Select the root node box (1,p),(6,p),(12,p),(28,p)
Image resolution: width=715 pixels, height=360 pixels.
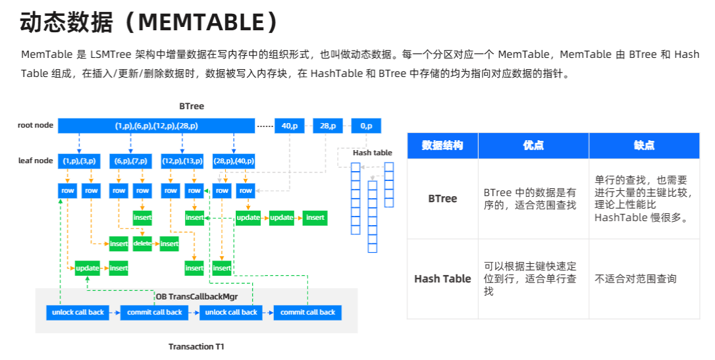pyautogui.click(x=156, y=126)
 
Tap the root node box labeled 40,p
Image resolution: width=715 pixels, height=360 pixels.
pyautogui.click(x=290, y=126)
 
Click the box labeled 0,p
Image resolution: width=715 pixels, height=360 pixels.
pyautogui.click(x=366, y=126)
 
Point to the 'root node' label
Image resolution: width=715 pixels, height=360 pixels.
pyautogui.click(x=35, y=125)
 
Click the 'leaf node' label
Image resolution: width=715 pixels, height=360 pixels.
pyautogui.click(x=36, y=161)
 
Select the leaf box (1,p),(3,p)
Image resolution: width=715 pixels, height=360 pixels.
pyautogui.click(x=79, y=161)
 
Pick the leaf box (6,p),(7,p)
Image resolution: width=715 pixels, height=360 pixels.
pyautogui.click(x=130, y=161)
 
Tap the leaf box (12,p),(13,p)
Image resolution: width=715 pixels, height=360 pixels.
pyautogui.click(x=182, y=161)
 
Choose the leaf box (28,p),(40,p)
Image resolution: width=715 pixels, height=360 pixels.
pyautogui.click(x=234, y=161)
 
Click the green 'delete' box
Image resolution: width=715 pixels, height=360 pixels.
pyautogui.click(x=143, y=244)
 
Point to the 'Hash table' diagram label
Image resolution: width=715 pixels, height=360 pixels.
pyautogui.click(x=373, y=153)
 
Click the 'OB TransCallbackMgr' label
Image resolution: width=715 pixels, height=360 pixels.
pyautogui.click(x=196, y=297)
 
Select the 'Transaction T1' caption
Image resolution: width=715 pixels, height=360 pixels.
pyautogui.click(x=196, y=346)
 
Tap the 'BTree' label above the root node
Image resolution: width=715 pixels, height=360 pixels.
pyautogui.click(x=192, y=106)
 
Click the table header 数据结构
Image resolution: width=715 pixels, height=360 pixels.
pyautogui.click(x=442, y=145)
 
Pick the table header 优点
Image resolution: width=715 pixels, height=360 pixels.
pyautogui.click(x=533, y=145)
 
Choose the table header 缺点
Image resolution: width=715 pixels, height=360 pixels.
pyautogui.click(x=644, y=145)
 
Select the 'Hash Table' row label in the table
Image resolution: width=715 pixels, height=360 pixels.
pyautogui.click(x=442, y=278)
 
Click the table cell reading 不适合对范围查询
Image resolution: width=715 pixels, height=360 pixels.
pyautogui.click(x=635, y=278)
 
